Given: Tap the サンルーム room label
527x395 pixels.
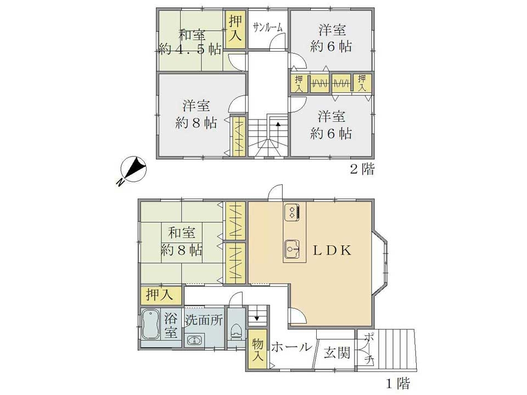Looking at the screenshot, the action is pyautogui.click(x=267, y=27).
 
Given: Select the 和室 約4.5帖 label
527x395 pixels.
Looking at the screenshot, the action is pyautogui.click(x=190, y=42).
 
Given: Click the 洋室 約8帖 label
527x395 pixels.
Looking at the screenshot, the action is pyautogui.click(x=196, y=114).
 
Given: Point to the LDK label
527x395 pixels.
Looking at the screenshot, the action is pyautogui.click(x=332, y=250).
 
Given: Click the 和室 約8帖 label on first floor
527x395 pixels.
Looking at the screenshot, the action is pyautogui.click(x=182, y=241).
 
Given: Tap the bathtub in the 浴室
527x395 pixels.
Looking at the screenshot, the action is pyautogui.click(x=150, y=324).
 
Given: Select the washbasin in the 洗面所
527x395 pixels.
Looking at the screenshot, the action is pyautogui.click(x=194, y=341).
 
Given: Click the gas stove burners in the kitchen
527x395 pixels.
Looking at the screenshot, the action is pyautogui.click(x=291, y=212).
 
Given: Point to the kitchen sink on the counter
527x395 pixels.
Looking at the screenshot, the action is pyautogui.click(x=291, y=250).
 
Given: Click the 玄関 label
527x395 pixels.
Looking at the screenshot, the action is pyautogui.click(x=337, y=353).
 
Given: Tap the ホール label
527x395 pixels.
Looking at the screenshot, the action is pyautogui.click(x=291, y=347).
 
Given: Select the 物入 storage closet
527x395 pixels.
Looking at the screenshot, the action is pyautogui.click(x=258, y=349).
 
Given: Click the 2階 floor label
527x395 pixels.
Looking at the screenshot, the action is pyautogui.click(x=362, y=169).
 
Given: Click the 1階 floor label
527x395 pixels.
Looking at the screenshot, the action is pyautogui.click(x=398, y=383).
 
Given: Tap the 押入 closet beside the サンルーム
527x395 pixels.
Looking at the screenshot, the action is pyautogui.click(x=236, y=30).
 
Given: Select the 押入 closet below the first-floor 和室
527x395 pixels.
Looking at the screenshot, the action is pyautogui.click(x=161, y=296).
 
